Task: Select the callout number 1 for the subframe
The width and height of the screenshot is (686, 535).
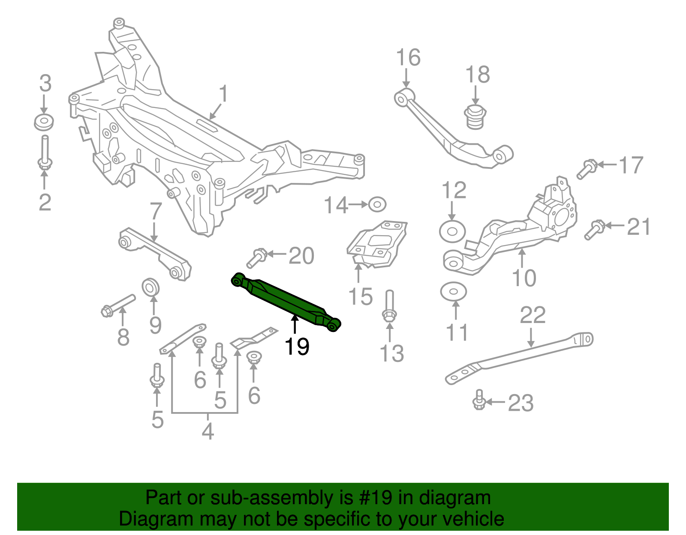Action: coord(223,94)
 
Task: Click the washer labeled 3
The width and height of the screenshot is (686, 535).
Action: coord(44,123)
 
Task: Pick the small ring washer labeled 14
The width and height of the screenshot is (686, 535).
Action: coord(377,205)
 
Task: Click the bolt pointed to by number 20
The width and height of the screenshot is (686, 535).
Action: coord(257,258)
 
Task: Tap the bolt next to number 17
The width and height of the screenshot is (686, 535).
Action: coord(587,168)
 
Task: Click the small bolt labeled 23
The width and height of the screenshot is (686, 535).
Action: coord(479,400)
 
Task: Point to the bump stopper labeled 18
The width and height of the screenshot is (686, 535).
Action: coord(475,117)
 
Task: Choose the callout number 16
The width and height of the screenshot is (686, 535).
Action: coord(408,57)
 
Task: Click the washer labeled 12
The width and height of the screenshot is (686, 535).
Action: coord(452,232)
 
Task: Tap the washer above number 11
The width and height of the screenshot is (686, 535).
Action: coord(453,292)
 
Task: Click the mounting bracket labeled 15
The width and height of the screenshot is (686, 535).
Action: coord(376,244)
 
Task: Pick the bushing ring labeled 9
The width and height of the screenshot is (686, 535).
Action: coord(150,287)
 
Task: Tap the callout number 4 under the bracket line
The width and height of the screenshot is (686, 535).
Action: coord(208,431)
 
